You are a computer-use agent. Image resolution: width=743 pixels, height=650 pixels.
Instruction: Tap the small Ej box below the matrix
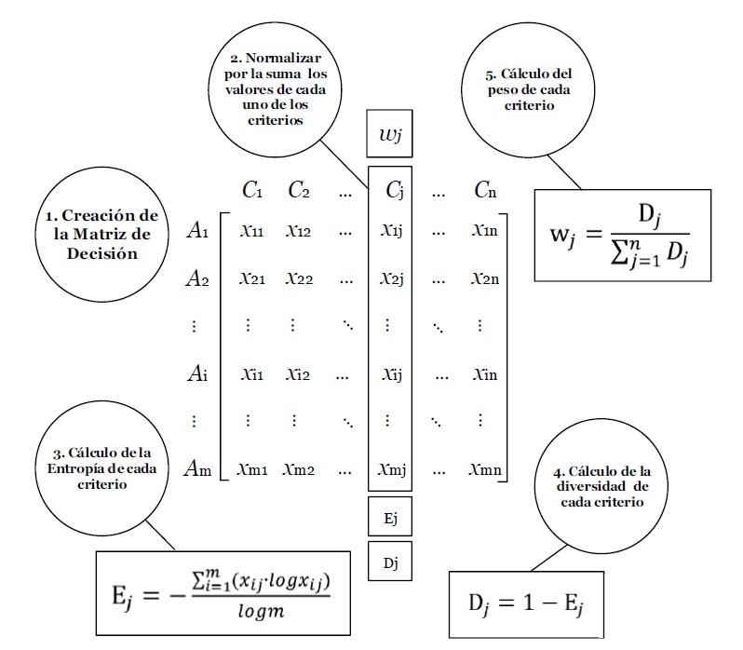390,517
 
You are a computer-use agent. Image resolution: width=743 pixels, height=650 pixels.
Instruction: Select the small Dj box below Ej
390,562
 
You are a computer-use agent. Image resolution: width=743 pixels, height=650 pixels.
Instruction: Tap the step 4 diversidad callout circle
601,485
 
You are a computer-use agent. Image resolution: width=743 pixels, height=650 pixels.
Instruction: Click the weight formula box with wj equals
622,236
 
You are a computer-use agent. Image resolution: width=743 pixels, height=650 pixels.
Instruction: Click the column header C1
251,191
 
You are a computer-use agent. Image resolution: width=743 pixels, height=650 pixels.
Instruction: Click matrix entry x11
251,231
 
